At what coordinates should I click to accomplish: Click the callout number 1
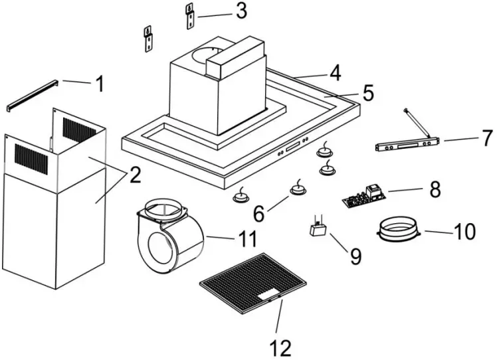[x=100, y=84]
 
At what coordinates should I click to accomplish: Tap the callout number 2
[x=134, y=175]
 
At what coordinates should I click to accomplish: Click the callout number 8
[x=435, y=189]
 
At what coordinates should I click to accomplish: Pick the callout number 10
[x=464, y=232]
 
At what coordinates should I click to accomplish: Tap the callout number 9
[x=355, y=256]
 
